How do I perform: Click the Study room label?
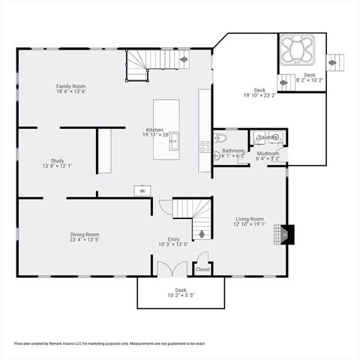(57, 160)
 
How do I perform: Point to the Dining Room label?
(85, 235)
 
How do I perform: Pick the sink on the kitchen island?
(172, 139)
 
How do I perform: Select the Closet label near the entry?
(202, 268)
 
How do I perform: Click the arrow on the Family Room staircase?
(183, 58)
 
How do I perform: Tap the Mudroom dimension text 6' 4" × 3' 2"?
(268, 158)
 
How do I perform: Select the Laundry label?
(267, 137)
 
